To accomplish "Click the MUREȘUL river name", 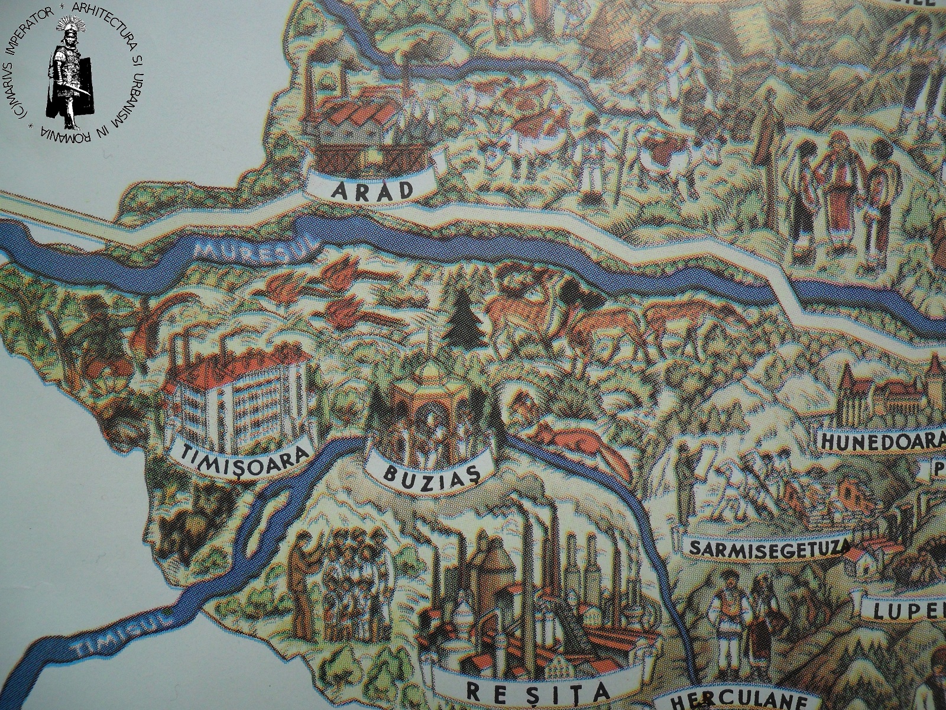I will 256,253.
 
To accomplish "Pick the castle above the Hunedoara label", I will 887,393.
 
